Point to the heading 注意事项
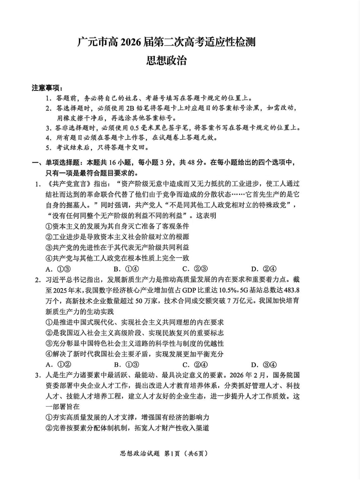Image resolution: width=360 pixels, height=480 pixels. (47, 88)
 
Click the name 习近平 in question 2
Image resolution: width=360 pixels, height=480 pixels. (56, 280)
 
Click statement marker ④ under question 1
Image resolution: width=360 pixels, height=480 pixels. (48, 258)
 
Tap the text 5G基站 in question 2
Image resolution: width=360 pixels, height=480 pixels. (250, 290)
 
